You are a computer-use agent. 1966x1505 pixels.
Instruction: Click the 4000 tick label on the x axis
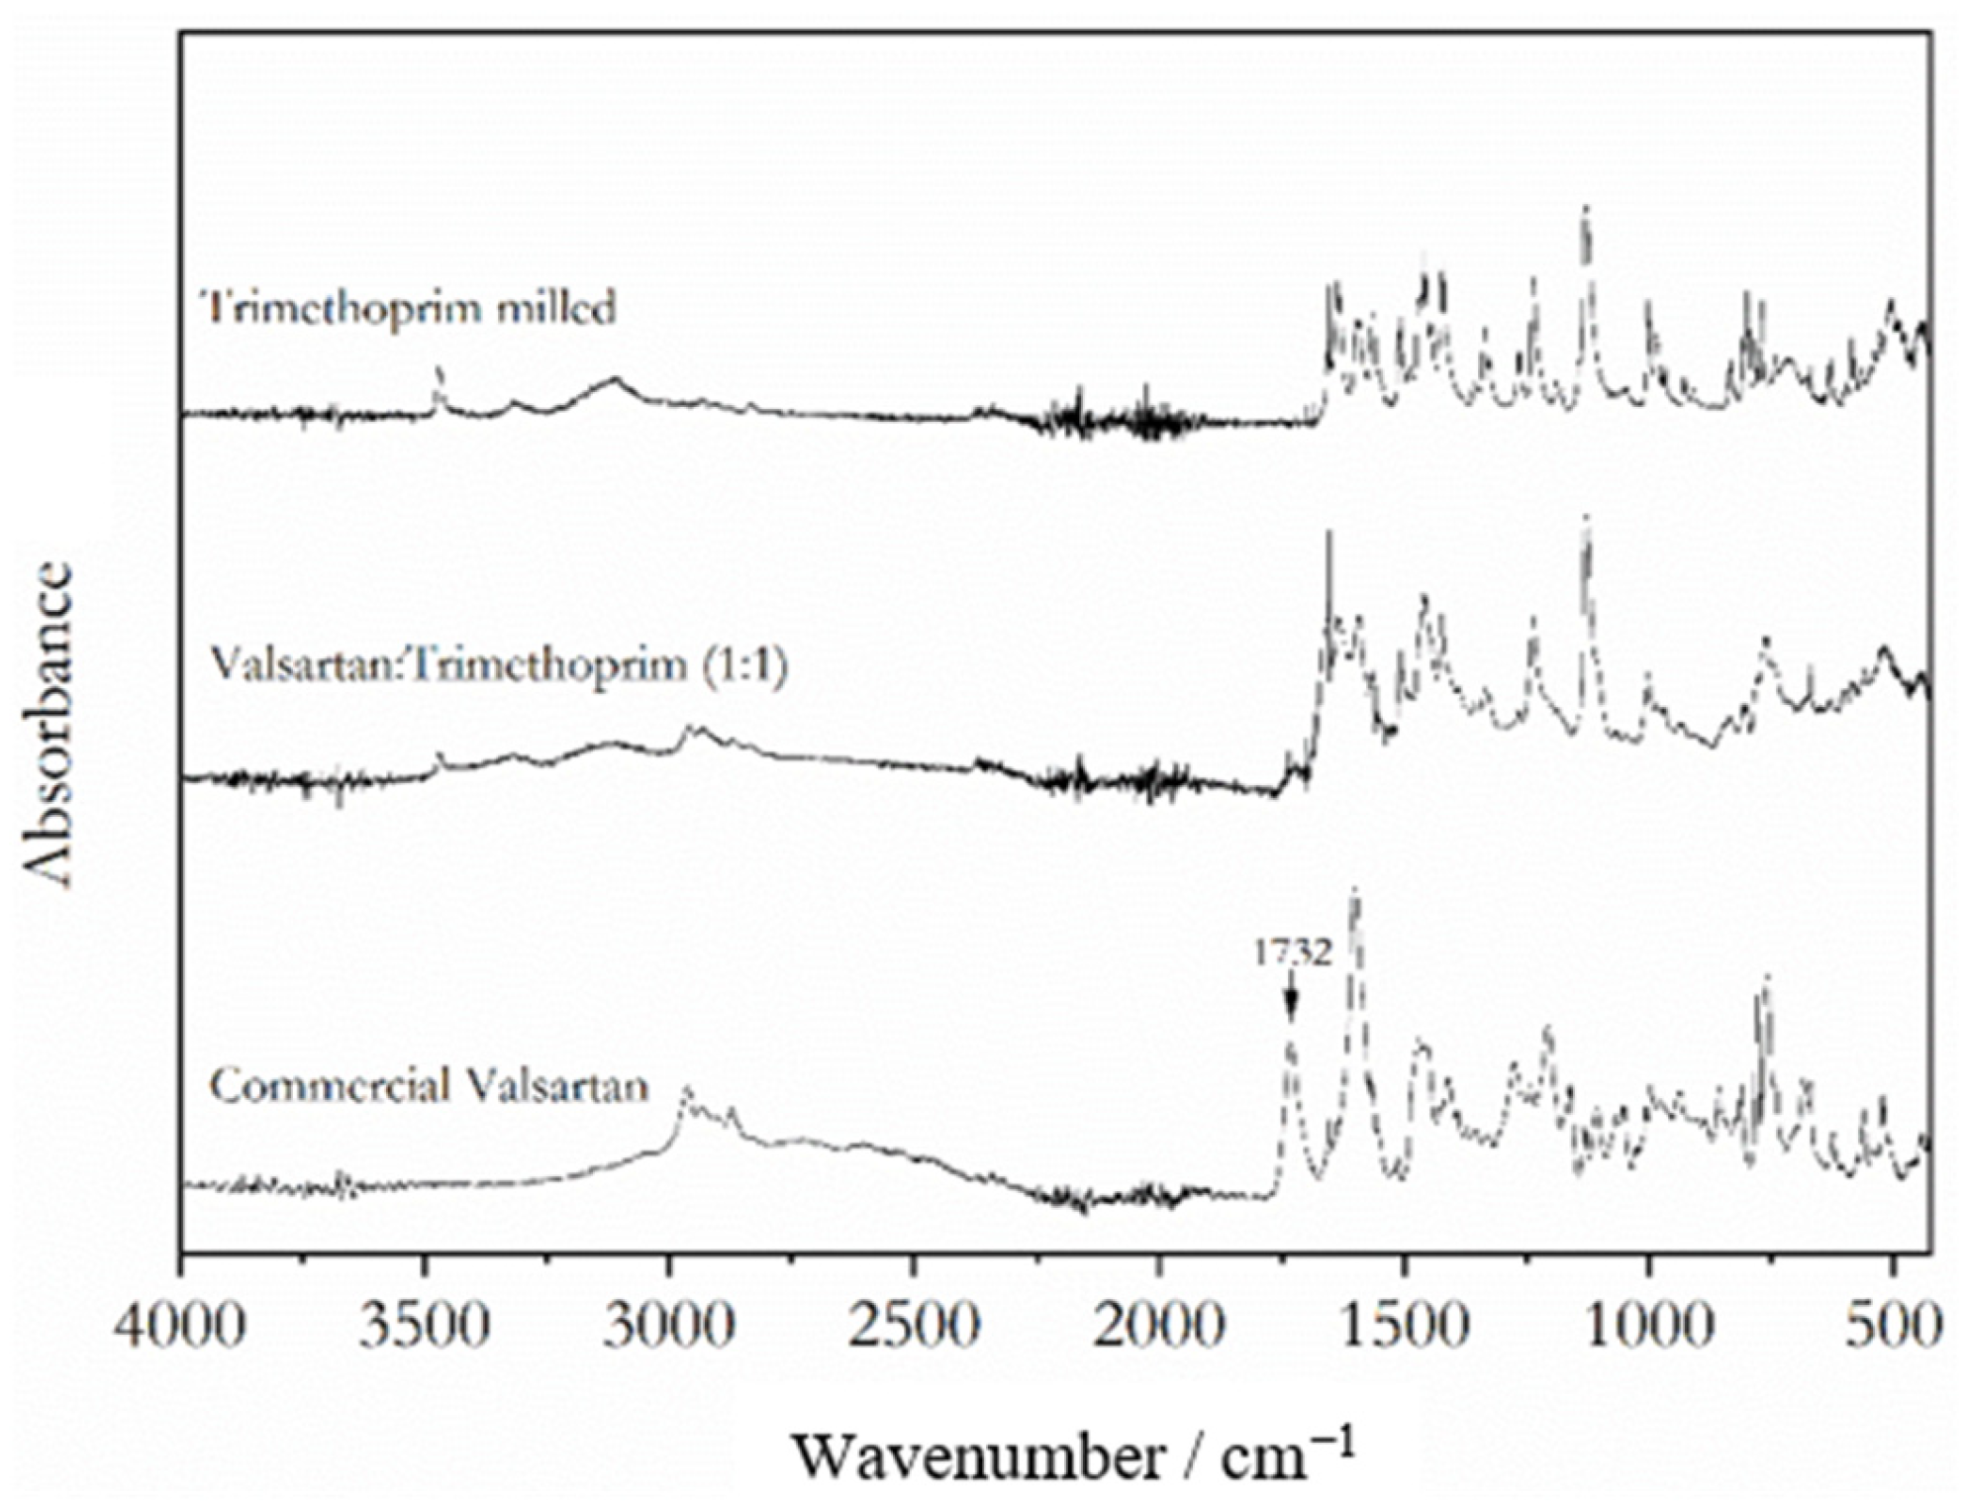point(179,1327)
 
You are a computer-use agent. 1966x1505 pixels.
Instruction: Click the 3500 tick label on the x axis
point(424,1327)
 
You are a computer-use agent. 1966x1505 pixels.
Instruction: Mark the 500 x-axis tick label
point(1893,1327)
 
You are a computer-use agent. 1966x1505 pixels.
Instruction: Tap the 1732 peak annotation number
point(1293,953)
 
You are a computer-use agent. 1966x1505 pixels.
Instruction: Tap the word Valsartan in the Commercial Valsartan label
point(558,1086)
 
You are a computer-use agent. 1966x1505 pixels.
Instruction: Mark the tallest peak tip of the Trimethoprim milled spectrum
point(1586,208)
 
